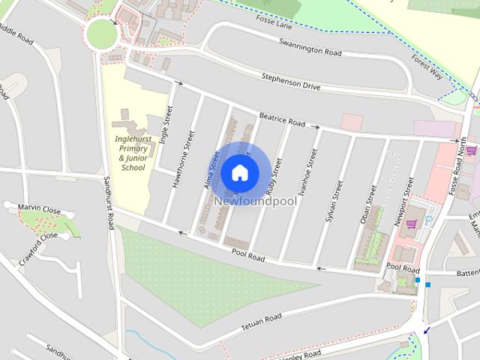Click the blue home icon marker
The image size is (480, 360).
(x=239, y=172)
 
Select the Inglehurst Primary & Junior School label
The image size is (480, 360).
(x=133, y=153)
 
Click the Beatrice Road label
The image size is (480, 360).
(x=282, y=118)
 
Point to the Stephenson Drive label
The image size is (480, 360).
(x=290, y=82)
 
